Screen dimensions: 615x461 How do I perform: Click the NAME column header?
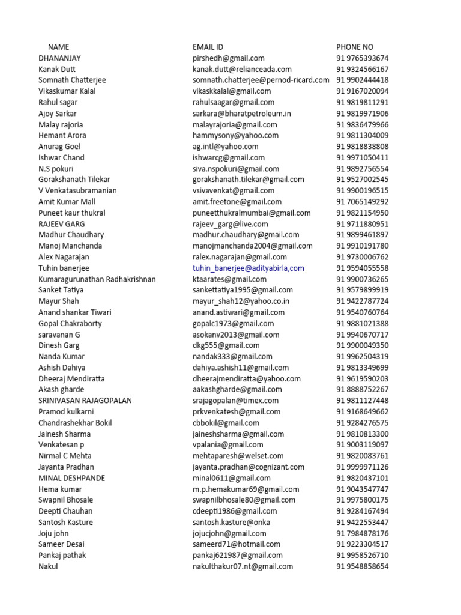(x=58, y=47)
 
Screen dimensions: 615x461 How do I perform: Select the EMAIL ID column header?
(x=208, y=47)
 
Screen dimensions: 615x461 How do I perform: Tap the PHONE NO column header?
(x=355, y=47)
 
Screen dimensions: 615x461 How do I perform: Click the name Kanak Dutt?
(x=57, y=69)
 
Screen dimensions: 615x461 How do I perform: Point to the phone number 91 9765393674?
(x=362, y=58)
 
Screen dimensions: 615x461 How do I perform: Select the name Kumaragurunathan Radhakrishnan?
(x=97, y=279)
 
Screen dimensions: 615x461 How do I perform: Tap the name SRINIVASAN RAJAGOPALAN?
(x=85, y=401)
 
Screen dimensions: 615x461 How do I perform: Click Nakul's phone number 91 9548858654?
(x=362, y=566)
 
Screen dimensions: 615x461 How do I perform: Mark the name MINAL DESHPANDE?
(x=71, y=478)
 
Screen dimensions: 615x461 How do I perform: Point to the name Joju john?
(x=54, y=533)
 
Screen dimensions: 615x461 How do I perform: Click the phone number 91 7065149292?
(x=362, y=202)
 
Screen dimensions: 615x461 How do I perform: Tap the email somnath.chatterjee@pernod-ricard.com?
(x=261, y=80)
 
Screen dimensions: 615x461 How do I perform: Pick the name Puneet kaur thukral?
(x=72, y=213)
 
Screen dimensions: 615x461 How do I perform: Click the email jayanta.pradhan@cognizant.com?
(x=249, y=467)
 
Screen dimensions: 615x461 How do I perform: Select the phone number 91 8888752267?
(x=362, y=390)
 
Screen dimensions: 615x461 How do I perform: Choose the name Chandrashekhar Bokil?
(x=75, y=423)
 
